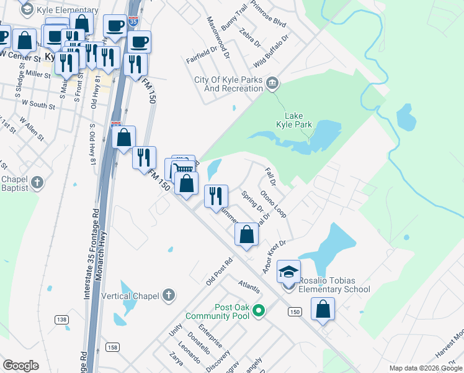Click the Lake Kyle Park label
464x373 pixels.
pos(298,120)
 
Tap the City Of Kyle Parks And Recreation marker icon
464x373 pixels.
pos(272,83)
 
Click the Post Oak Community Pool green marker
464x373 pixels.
pos(260,311)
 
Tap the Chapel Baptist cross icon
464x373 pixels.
pos(37,183)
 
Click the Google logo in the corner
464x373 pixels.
pos(20,365)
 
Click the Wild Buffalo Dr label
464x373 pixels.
pos(272,52)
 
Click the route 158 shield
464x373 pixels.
pos(112,347)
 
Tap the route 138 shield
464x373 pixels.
pos(61,319)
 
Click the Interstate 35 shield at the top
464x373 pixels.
pos(133,22)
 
